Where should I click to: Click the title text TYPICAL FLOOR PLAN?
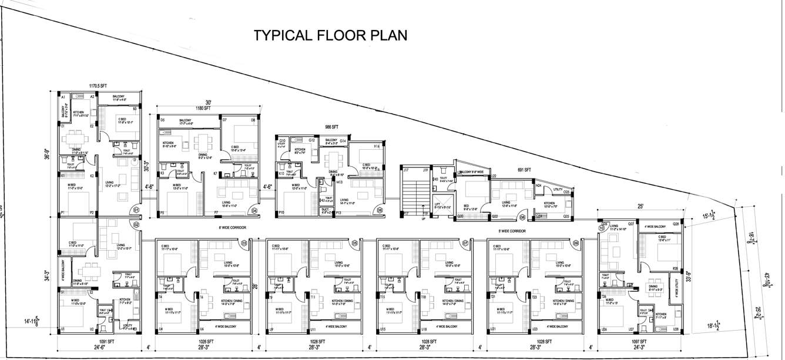pyautogui.click(x=330, y=35)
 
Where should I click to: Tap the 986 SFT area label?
pyautogui.click(x=331, y=127)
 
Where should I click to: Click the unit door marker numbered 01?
pyautogui.click(x=136, y=210)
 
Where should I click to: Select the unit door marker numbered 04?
pyautogui.click(x=254, y=210)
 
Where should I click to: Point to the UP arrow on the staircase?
pyautogui.click(x=423, y=218)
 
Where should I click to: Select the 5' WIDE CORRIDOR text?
pyautogui.click(x=512, y=231)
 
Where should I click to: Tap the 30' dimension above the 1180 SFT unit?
pyautogui.click(x=208, y=102)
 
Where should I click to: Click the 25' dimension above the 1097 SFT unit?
pyautogui.click(x=639, y=206)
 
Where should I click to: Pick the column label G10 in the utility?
pyautogui.click(x=283, y=141)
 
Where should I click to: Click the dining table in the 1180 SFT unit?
pyautogui.click(x=204, y=141)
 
